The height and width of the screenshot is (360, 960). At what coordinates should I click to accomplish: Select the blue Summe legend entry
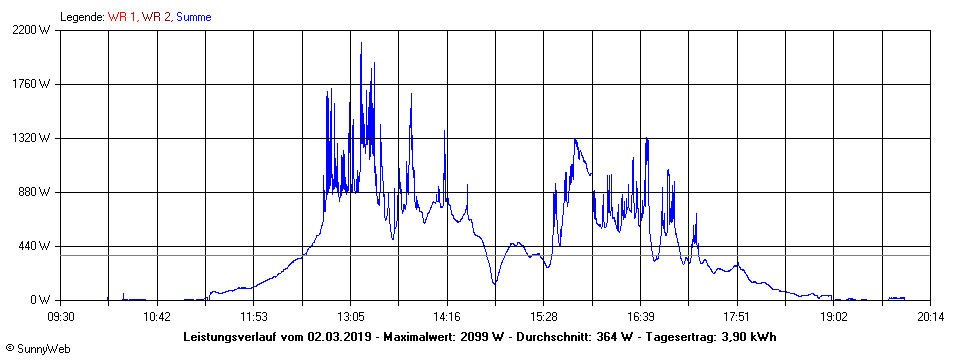[194, 16]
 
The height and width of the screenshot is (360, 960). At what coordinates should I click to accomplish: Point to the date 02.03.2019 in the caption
[340, 336]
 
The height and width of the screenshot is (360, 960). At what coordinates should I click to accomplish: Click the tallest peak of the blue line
[361, 43]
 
